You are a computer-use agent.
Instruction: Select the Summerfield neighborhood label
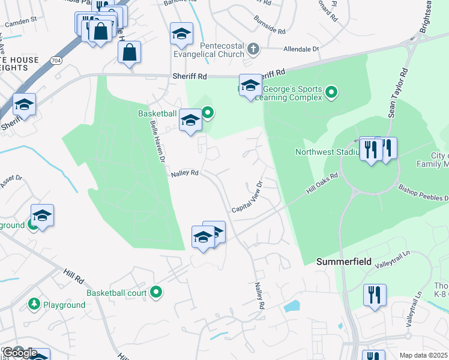342,262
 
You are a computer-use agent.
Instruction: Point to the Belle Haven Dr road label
157,142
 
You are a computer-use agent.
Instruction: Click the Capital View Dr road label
248,197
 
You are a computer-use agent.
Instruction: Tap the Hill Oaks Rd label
322,182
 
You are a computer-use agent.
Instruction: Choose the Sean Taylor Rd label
403,90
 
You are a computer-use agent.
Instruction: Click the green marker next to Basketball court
156,293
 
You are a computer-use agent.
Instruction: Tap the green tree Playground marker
34,305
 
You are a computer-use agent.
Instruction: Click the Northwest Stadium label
326,152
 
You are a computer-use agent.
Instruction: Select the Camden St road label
21,23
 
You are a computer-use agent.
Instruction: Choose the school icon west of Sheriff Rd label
24,104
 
